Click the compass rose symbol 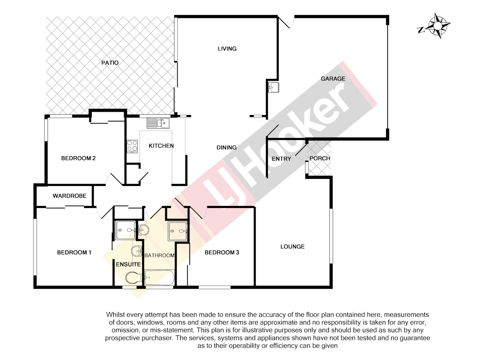point(437,26)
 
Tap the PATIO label point(110,63)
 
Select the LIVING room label point(227,49)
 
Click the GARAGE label point(333,79)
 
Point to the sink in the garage point(273,87)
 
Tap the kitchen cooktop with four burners point(132,146)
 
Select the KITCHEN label point(161,146)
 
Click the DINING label point(227,147)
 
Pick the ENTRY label point(281,159)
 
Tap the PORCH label point(320,158)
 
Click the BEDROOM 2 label point(78,158)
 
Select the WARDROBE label point(69,196)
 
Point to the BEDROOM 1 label point(74,252)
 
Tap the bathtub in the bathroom point(159,278)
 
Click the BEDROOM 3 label point(222,252)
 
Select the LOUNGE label point(292,247)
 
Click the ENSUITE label point(128,264)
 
